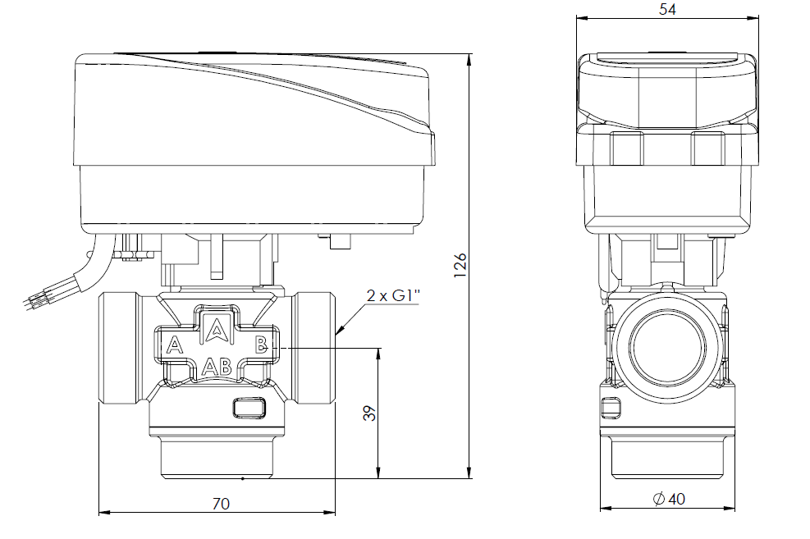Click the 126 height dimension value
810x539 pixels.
(x=460, y=265)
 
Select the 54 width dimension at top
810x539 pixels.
(x=667, y=9)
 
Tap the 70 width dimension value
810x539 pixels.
(x=221, y=504)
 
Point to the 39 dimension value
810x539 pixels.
(x=370, y=413)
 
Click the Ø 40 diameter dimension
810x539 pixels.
(x=669, y=499)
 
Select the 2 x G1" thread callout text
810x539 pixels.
(x=393, y=296)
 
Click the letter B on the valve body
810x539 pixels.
(x=261, y=344)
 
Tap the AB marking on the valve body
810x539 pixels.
(x=217, y=367)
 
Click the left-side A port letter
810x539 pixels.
(x=175, y=345)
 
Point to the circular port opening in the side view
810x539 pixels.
(x=667, y=346)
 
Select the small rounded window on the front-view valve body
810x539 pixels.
(x=249, y=408)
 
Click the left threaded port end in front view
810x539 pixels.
(x=120, y=348)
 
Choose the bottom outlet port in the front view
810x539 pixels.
(x=217, y=456)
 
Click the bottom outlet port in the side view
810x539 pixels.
(x=667, y=458)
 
